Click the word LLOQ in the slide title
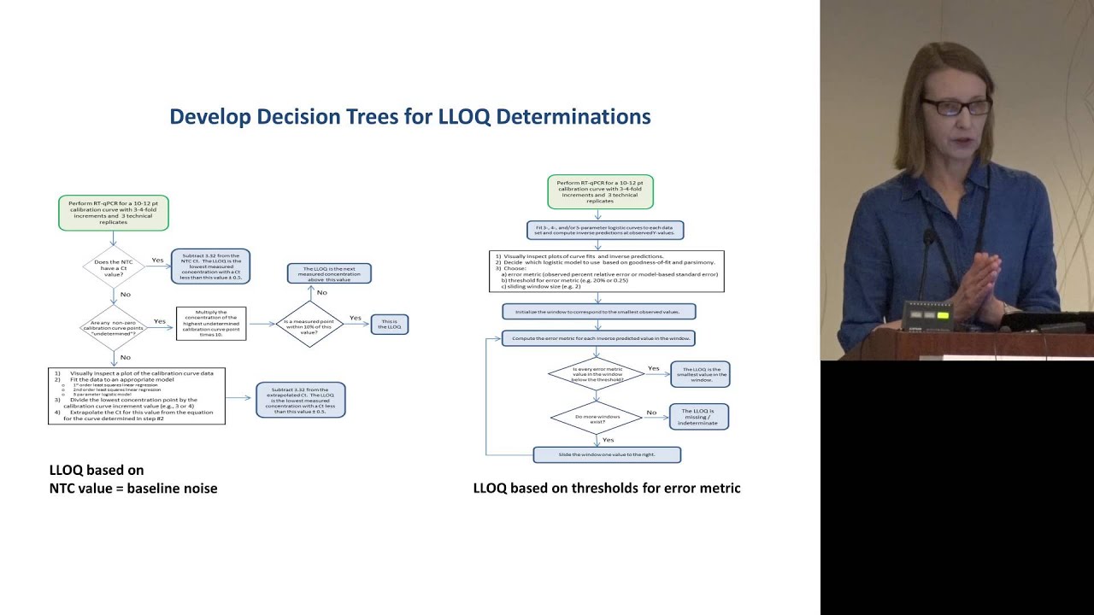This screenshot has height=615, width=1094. (464, 117)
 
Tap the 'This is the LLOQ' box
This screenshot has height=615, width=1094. (390, 325)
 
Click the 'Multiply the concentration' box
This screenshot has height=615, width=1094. (211, 324)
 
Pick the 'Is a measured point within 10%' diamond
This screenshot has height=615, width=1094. (309, 324)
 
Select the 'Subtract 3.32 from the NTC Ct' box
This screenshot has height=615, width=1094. (210, 266)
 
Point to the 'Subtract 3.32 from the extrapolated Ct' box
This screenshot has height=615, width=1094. (301, 400)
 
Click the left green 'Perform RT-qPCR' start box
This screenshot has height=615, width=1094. (114, 213)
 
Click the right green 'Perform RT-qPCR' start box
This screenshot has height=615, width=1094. (600, 191)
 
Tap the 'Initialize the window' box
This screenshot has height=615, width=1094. (598, 312)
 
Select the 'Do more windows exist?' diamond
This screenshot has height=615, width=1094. (597, 418)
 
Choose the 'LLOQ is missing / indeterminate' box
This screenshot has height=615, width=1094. (699, 416)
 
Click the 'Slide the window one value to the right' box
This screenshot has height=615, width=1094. (607, 454)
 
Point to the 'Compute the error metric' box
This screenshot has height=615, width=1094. (598, 338)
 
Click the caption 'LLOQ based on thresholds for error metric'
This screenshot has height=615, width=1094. (607, 489)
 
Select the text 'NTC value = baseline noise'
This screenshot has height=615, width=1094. (133, 489)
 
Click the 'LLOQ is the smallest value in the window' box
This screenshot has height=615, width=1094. (701, 374)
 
